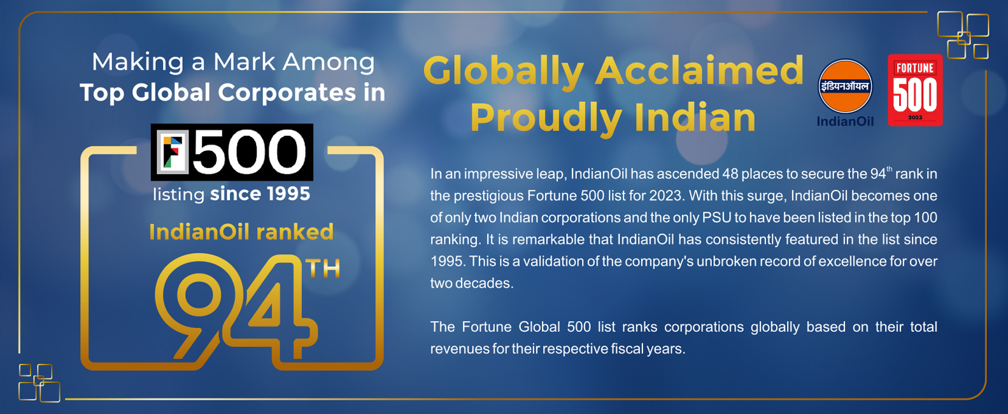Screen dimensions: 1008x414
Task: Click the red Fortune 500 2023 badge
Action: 915,90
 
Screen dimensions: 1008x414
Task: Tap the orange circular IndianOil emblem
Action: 845,86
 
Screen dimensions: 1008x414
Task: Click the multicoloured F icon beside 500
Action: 173,152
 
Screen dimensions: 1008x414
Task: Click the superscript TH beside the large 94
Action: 323,269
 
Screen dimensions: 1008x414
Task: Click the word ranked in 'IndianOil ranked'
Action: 295,232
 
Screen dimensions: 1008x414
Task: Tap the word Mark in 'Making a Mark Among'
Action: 244,62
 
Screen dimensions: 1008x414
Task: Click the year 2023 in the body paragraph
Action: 668,196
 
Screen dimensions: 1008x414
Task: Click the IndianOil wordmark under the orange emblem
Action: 845,122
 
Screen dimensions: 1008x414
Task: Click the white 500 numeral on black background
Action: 250,152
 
